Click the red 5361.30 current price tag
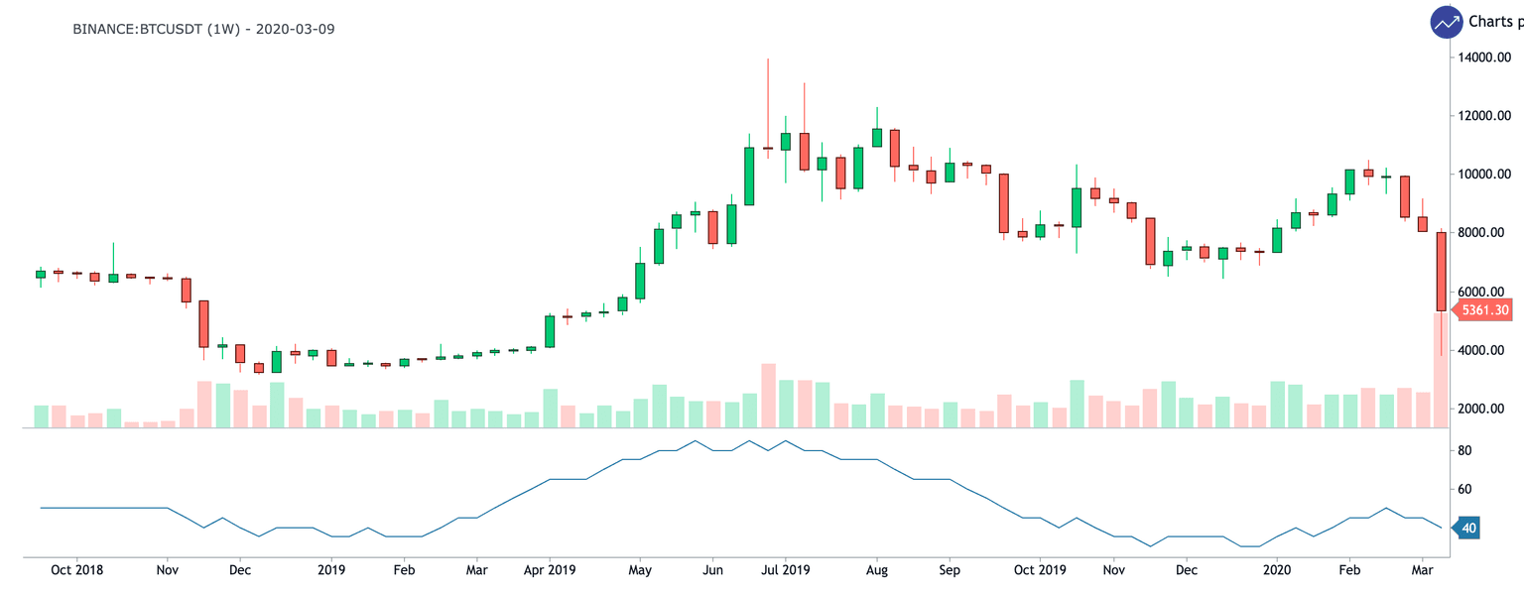tap(1483, 310)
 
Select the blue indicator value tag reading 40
tap(1467, 529)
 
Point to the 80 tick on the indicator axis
tap(1463, 450)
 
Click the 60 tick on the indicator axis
tap(1463, 489)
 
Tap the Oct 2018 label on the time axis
tap(76, 570)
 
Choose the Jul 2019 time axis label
tap(784, 570)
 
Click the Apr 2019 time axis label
tap(549, 570)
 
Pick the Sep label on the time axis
tap(950, 570)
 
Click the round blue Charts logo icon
tap(1446, 22)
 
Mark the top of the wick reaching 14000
tap(767, 59)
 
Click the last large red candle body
tap(1441, 272)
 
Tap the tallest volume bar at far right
tap(1441, 369)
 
